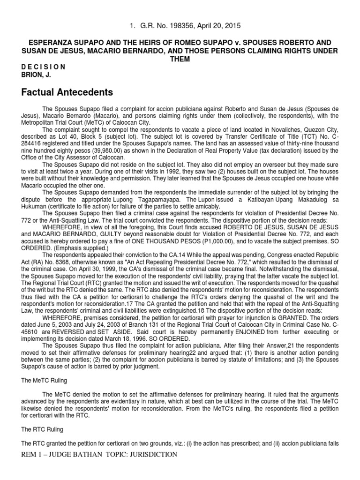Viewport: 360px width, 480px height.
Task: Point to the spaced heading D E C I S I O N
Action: (x=44, y=67)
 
